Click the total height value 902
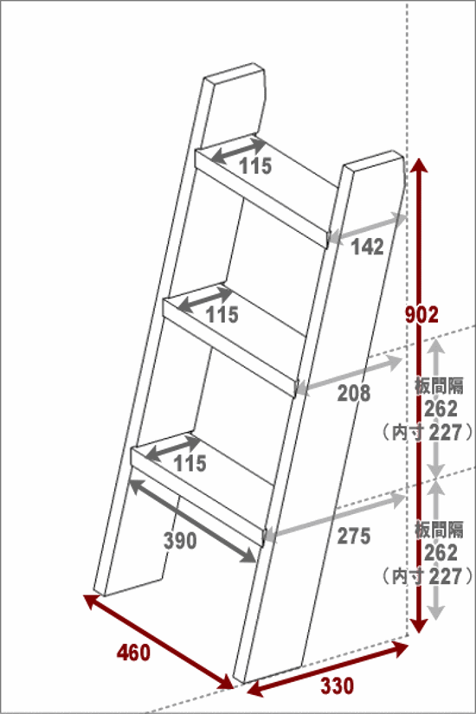(421, 315)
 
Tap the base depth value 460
(133, 653)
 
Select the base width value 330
(337, 685)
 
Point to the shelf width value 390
(180, 541)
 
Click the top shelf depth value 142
(368, 247)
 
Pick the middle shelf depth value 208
(354, 393)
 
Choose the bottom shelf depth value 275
(354, 536)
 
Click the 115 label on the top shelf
(255, 166)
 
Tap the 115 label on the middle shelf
(222, 315)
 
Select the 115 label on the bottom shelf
(190, 464)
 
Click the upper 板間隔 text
(439, 386)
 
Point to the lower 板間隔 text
(439, 530)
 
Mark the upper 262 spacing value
(441, 408)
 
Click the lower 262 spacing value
(441, 552)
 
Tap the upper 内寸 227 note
(428, 432)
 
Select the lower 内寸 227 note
(428, 576)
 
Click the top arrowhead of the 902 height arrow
(420, 159)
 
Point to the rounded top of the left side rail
(235, 73)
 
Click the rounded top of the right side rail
(375, 159)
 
